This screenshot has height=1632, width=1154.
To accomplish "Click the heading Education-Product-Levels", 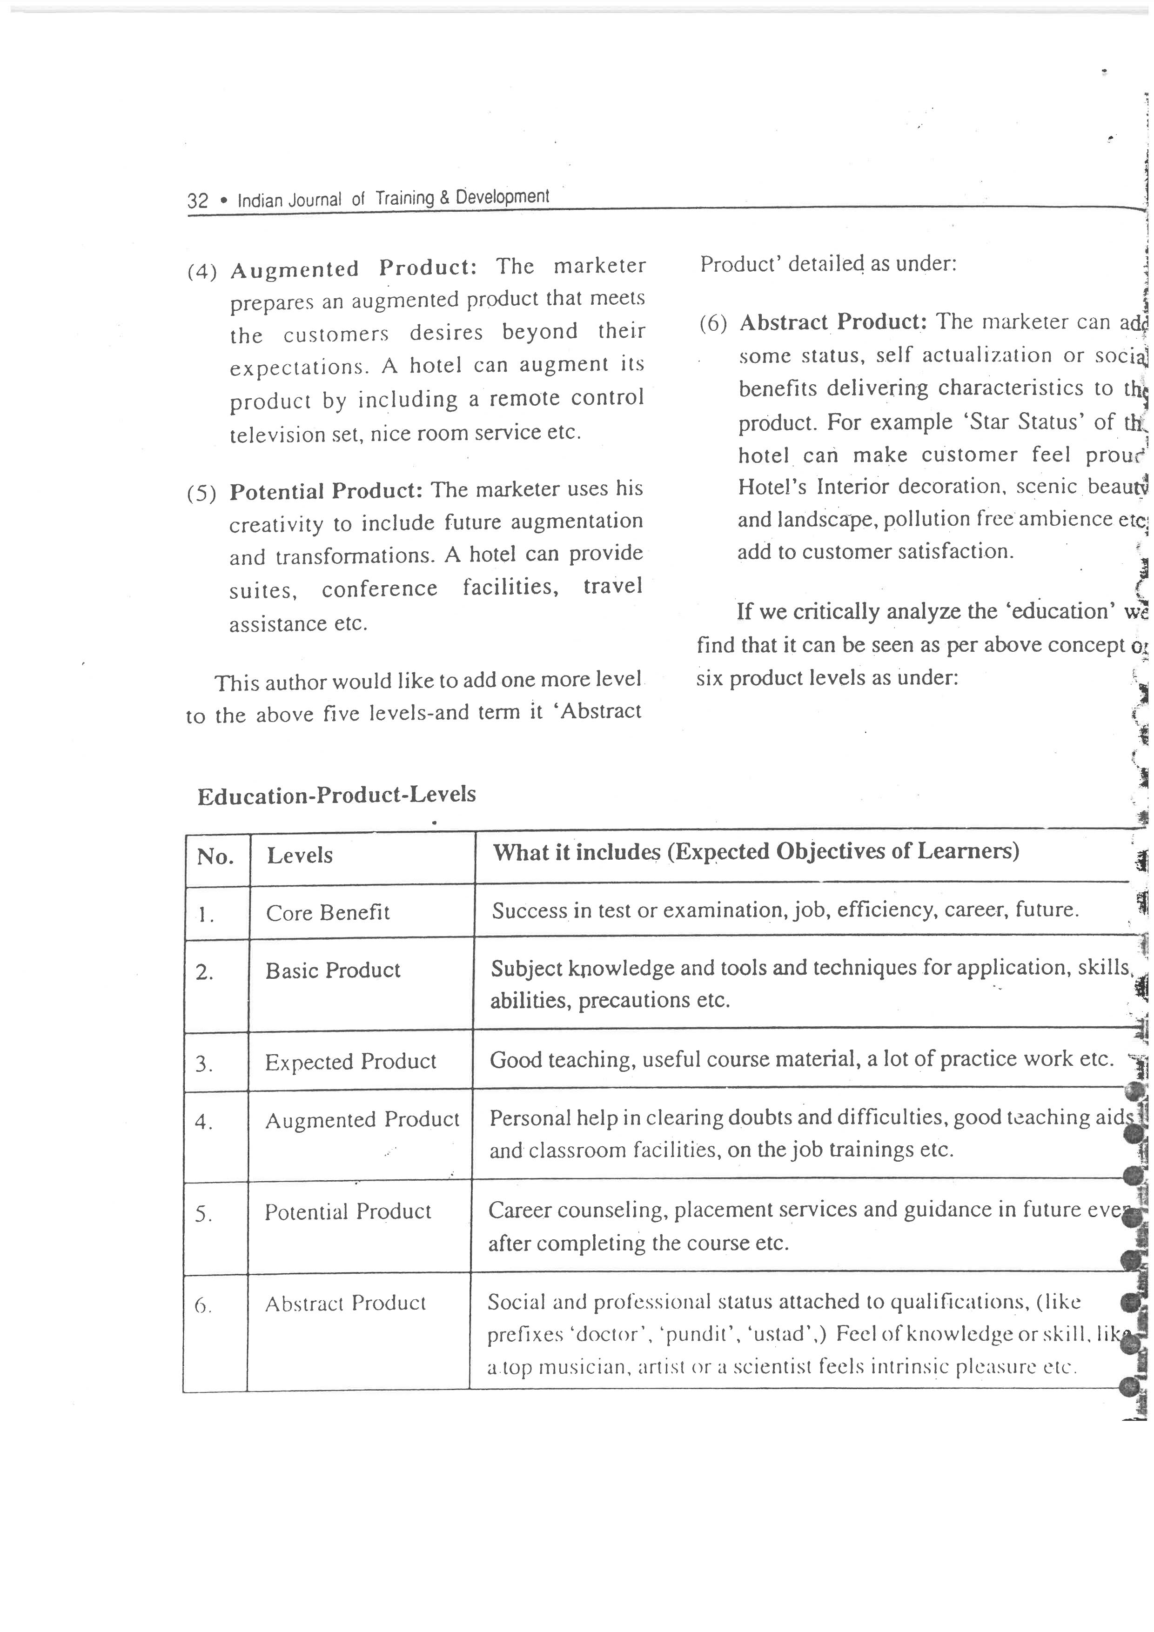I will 336,795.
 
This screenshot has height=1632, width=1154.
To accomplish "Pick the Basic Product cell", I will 333,971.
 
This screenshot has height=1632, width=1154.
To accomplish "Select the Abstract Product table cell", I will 345,1304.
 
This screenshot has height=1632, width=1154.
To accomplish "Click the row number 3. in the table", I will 204,1064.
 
